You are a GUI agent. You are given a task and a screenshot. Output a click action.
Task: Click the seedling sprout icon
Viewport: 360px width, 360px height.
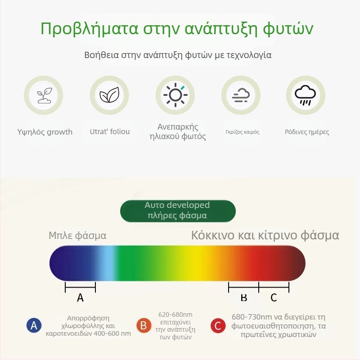coord(44,95)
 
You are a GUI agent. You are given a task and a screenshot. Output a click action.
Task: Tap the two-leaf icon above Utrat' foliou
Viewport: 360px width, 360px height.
coord(109,95)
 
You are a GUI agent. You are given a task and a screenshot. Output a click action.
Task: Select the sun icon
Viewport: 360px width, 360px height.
coord(175,95)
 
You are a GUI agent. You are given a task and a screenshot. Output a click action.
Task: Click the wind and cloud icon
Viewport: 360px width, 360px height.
coord(241,95)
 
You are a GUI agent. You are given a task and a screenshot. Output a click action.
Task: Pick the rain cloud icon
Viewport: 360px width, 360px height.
coord(306,95)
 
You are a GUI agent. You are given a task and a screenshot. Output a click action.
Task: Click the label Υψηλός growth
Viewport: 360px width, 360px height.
coord(45,132)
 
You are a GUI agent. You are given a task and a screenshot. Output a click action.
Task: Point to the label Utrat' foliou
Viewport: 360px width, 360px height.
coord(110,131)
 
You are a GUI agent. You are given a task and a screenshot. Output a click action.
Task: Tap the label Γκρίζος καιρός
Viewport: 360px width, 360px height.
coord(243,132)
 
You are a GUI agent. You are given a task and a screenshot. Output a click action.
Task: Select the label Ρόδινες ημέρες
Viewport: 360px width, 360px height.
coord(307,132)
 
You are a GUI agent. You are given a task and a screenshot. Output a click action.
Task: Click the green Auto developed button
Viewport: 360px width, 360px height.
coord(177,210)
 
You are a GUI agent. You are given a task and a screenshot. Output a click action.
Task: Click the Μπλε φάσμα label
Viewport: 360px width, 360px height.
coord(77,235)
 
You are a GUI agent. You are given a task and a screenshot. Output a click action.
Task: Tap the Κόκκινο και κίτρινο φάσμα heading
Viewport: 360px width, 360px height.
coord(265,235)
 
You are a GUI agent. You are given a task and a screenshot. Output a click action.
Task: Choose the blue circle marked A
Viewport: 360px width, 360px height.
coord(34,325)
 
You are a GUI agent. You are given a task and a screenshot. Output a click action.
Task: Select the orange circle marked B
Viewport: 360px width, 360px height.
coord(144,325)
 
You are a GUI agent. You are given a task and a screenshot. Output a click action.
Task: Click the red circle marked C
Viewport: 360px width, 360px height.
coord(218,325)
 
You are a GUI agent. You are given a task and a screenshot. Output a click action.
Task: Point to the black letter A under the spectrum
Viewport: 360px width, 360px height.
coord(81,297)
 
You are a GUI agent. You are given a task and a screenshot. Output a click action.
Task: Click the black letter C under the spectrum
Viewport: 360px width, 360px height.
coord(274,297)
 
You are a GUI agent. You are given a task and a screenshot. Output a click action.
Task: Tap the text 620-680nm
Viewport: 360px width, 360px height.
coord(175,314)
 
